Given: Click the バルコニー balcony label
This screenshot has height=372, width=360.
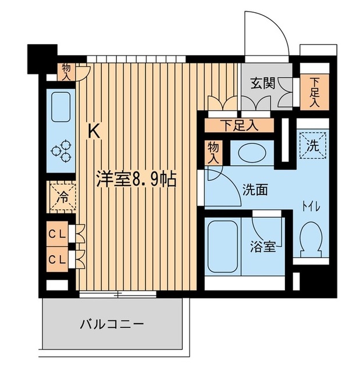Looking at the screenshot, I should [x=111, y=324].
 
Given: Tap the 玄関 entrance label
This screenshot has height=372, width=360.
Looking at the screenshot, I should [x=263, y=83].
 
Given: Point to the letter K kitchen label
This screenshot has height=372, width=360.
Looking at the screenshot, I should [x=94, y=132].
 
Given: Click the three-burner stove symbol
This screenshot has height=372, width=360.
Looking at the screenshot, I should [x=60, y=151].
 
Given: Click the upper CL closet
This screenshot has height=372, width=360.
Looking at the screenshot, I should [x=56, y=235].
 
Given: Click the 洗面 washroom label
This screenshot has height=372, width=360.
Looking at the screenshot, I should [x=255, y=189].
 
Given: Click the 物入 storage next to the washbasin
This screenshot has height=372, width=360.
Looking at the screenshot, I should [x=213, y=152].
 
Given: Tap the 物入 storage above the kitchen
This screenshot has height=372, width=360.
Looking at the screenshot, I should [x=66, y=72].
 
